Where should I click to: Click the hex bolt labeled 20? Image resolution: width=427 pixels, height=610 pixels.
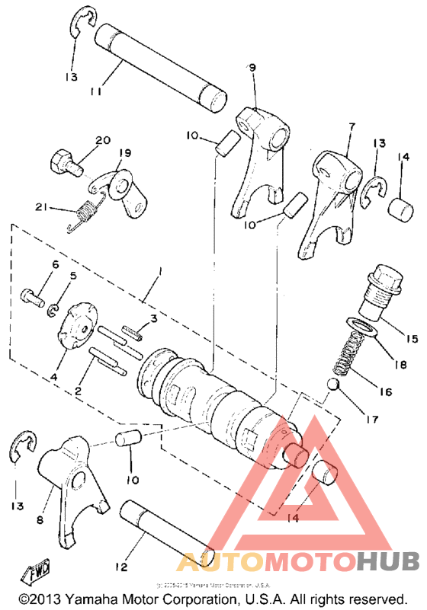[x=63, y=161]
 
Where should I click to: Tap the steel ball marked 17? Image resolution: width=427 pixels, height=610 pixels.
[x=333, y=382]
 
